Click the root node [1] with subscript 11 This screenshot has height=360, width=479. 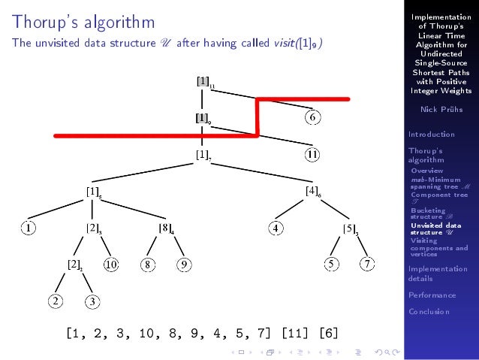[203, 82]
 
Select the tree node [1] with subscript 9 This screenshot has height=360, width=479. [203, 119]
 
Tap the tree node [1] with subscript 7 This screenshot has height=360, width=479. [203, 155]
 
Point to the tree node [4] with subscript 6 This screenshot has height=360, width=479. [314, 191]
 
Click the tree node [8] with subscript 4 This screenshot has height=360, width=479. [165, 228]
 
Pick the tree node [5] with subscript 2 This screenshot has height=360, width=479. [350, 228]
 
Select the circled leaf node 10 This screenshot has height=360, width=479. [110, 264]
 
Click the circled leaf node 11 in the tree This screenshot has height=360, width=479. [313, 155]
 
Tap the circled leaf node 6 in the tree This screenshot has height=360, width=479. [313, 117]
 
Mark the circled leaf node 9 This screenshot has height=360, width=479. [184, 264]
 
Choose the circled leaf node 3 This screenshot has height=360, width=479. [92, 301]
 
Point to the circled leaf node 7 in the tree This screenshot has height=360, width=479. [367, 264]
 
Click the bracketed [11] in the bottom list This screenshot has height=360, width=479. [296, 331]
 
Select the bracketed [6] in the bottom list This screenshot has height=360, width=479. [329, 331]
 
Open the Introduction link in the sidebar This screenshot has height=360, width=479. [432, 135]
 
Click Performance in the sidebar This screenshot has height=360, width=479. [432, 295]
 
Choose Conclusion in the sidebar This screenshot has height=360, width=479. [429, 311]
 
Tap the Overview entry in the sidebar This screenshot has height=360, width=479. [426, 171]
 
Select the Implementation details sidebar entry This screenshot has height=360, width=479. [437, 273]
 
